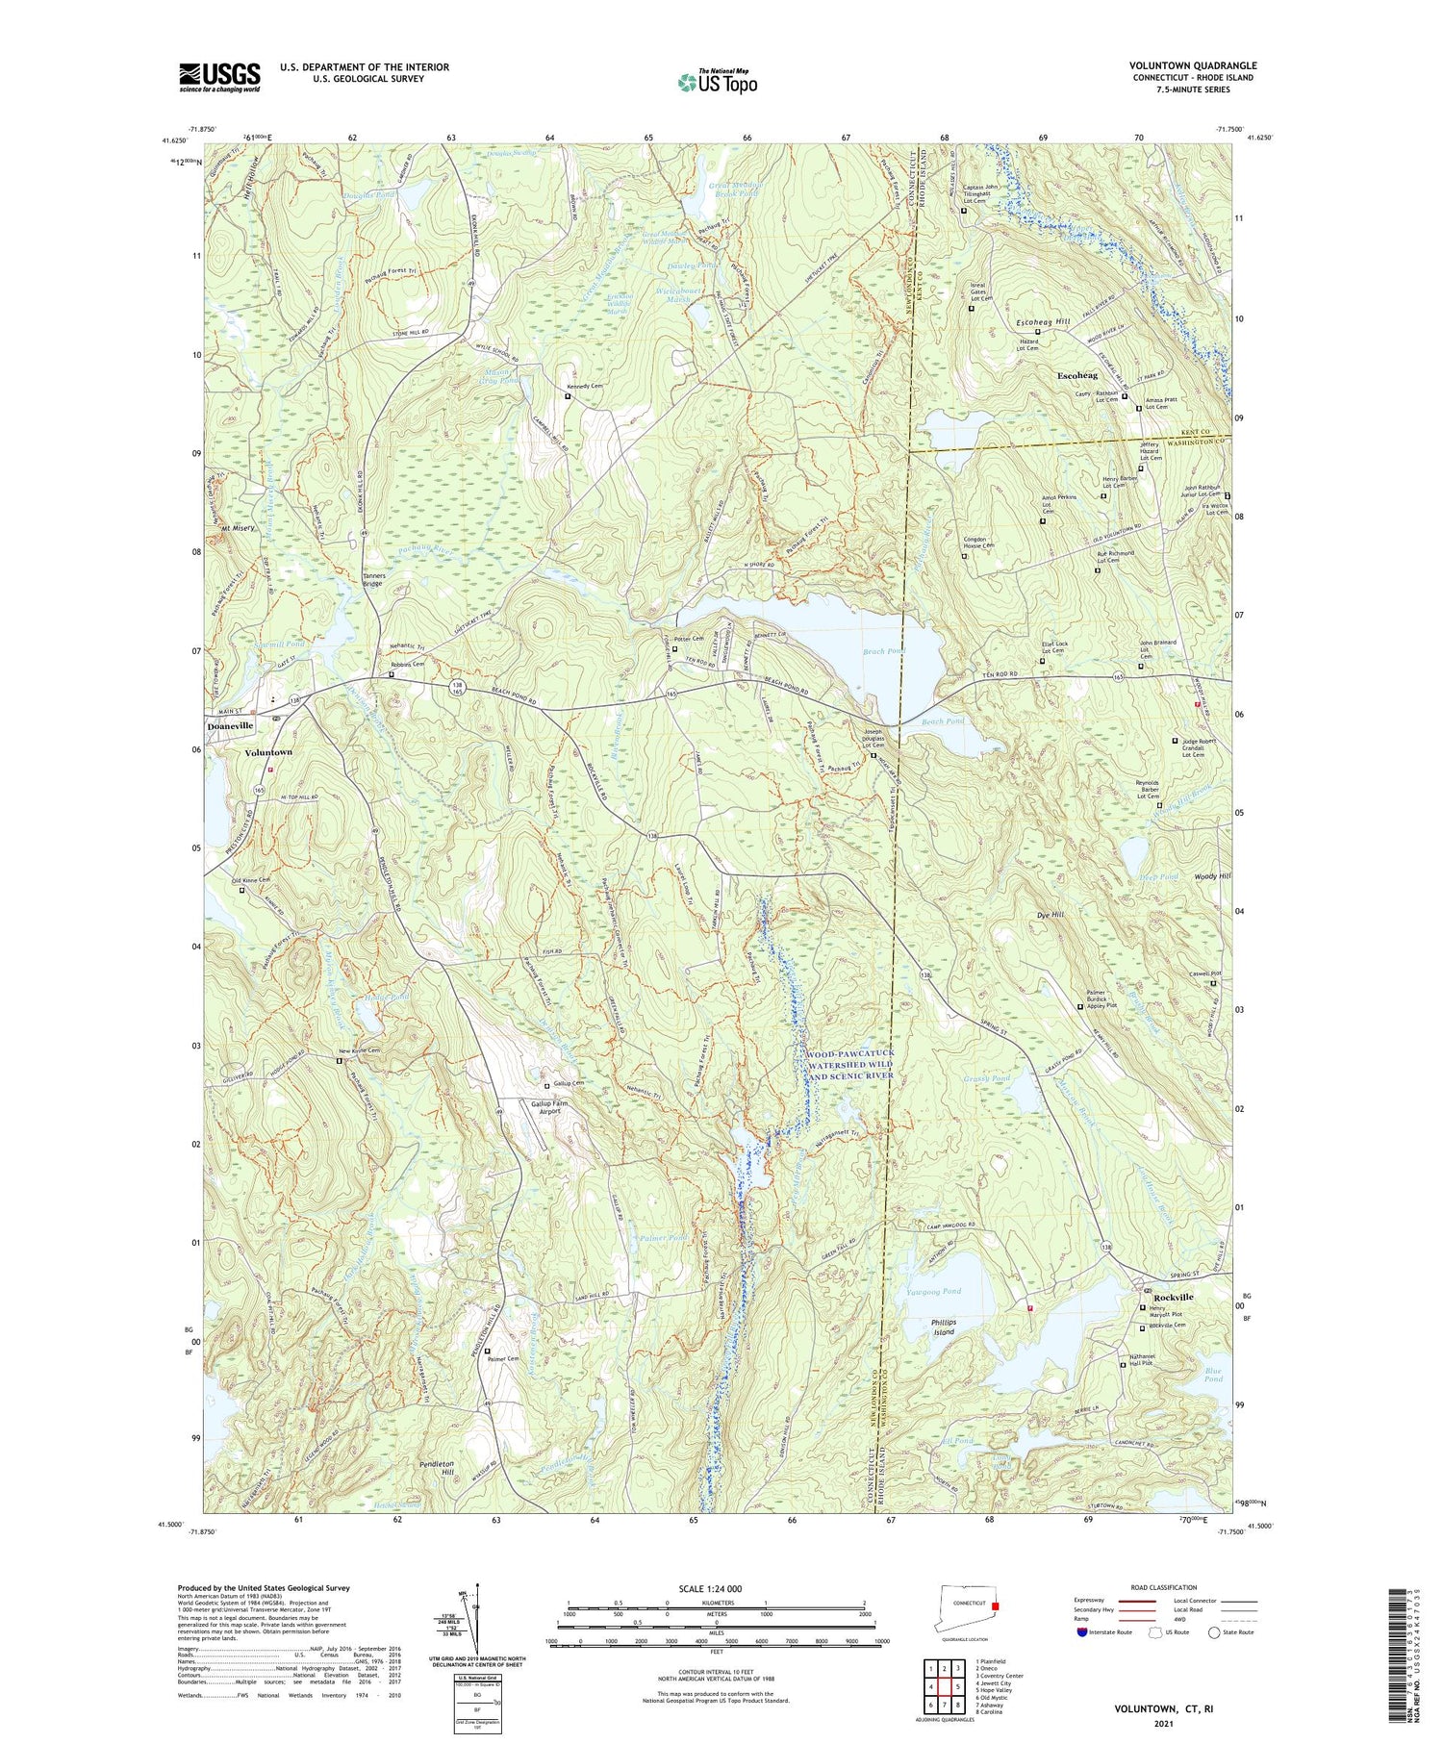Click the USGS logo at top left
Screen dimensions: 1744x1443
pyautogui.click(x=219, y=77)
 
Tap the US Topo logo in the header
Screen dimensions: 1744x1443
pyautogui.click(x=717, y=83)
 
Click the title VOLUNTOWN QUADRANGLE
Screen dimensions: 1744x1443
pyautogui.click(x=1193, y=65)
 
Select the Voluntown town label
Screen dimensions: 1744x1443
pyautogui.click(x=268, y=752)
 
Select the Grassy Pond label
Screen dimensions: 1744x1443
pyautogui.click(x=986, y=1078)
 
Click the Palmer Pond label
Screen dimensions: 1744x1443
pyautogui.click(x=663, y=1237)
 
